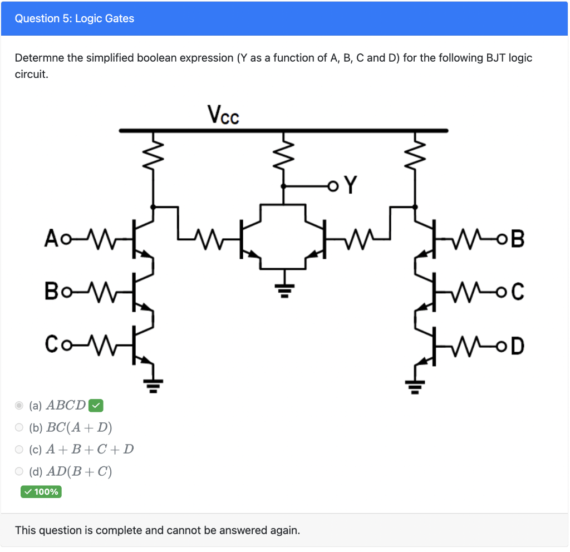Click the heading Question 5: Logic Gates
click(x=75, y=19)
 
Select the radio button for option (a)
click(x=19, y=406)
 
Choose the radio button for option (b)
click(x=19, y=427)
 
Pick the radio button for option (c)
click(x=19, y=449)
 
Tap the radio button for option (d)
click(x=19, y=471)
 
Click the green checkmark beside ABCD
click(x=96, y=406)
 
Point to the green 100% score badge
click(x=41, y=492)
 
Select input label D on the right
click(x=517, y=346)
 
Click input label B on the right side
click(x=517, y=241)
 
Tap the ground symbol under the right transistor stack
click(x=415, y=383)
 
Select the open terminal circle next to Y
click(x=333, y=185)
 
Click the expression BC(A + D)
click(x=79, y=427)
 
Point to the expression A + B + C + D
click(x=90, y=449)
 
